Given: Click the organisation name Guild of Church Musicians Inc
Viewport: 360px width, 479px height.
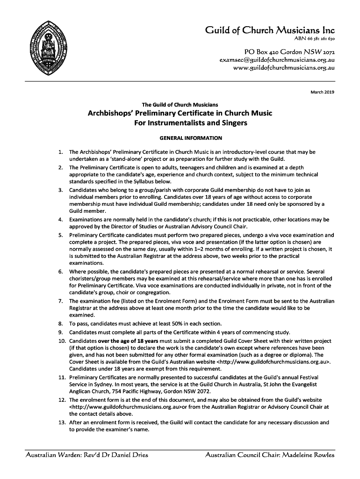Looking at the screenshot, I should [x=270, y=32].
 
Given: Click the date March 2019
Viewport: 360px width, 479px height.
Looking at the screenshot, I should [x=323, y=92].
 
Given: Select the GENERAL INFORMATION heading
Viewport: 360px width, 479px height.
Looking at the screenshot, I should [x=191, y=138].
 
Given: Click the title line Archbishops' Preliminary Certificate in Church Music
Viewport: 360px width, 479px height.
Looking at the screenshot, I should [x=180, y=113].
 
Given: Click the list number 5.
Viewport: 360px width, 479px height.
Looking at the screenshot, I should [x=61, y=235].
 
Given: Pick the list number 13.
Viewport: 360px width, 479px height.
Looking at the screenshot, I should [x=61, y=422].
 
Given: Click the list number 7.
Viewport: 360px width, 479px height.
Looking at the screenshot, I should [x=61, y=301].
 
